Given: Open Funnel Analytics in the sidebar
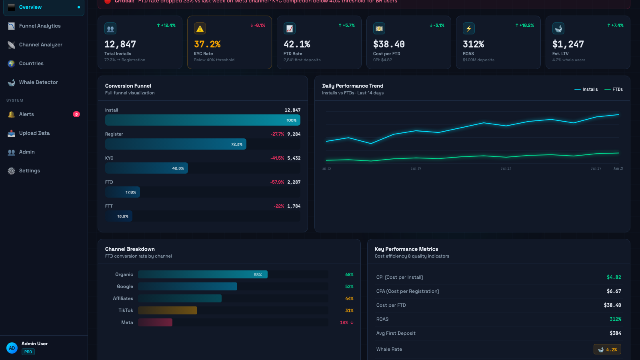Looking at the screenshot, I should click(40, 26).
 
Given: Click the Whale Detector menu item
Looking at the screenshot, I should click(38, 82).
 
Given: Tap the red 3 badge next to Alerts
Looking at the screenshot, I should click(76, 114).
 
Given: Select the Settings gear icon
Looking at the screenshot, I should click(11, 171).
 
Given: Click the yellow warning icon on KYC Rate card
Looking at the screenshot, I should click(200, 29).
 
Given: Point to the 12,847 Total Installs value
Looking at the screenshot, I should click(120, 44).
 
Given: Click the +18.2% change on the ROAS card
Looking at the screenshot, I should click(525, 25).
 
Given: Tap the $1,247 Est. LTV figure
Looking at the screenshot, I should click(568, 44).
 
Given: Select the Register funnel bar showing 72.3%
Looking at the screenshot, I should click(176, 144).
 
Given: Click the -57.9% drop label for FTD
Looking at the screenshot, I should click(277, 182).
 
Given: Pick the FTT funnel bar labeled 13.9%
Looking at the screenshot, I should click(119, 216).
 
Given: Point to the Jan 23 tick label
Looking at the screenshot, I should click(506, 168).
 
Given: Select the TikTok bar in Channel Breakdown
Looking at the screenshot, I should click(168, 310).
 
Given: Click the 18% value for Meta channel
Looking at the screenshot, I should click(344, 322).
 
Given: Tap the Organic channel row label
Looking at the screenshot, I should click(124, 274).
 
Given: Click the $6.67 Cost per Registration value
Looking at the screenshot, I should click(614, 291).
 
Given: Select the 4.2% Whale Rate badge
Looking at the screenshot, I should click(607, 349).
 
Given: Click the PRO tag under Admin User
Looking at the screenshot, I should click(28, 352).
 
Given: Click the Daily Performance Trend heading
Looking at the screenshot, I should click(352, 86).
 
